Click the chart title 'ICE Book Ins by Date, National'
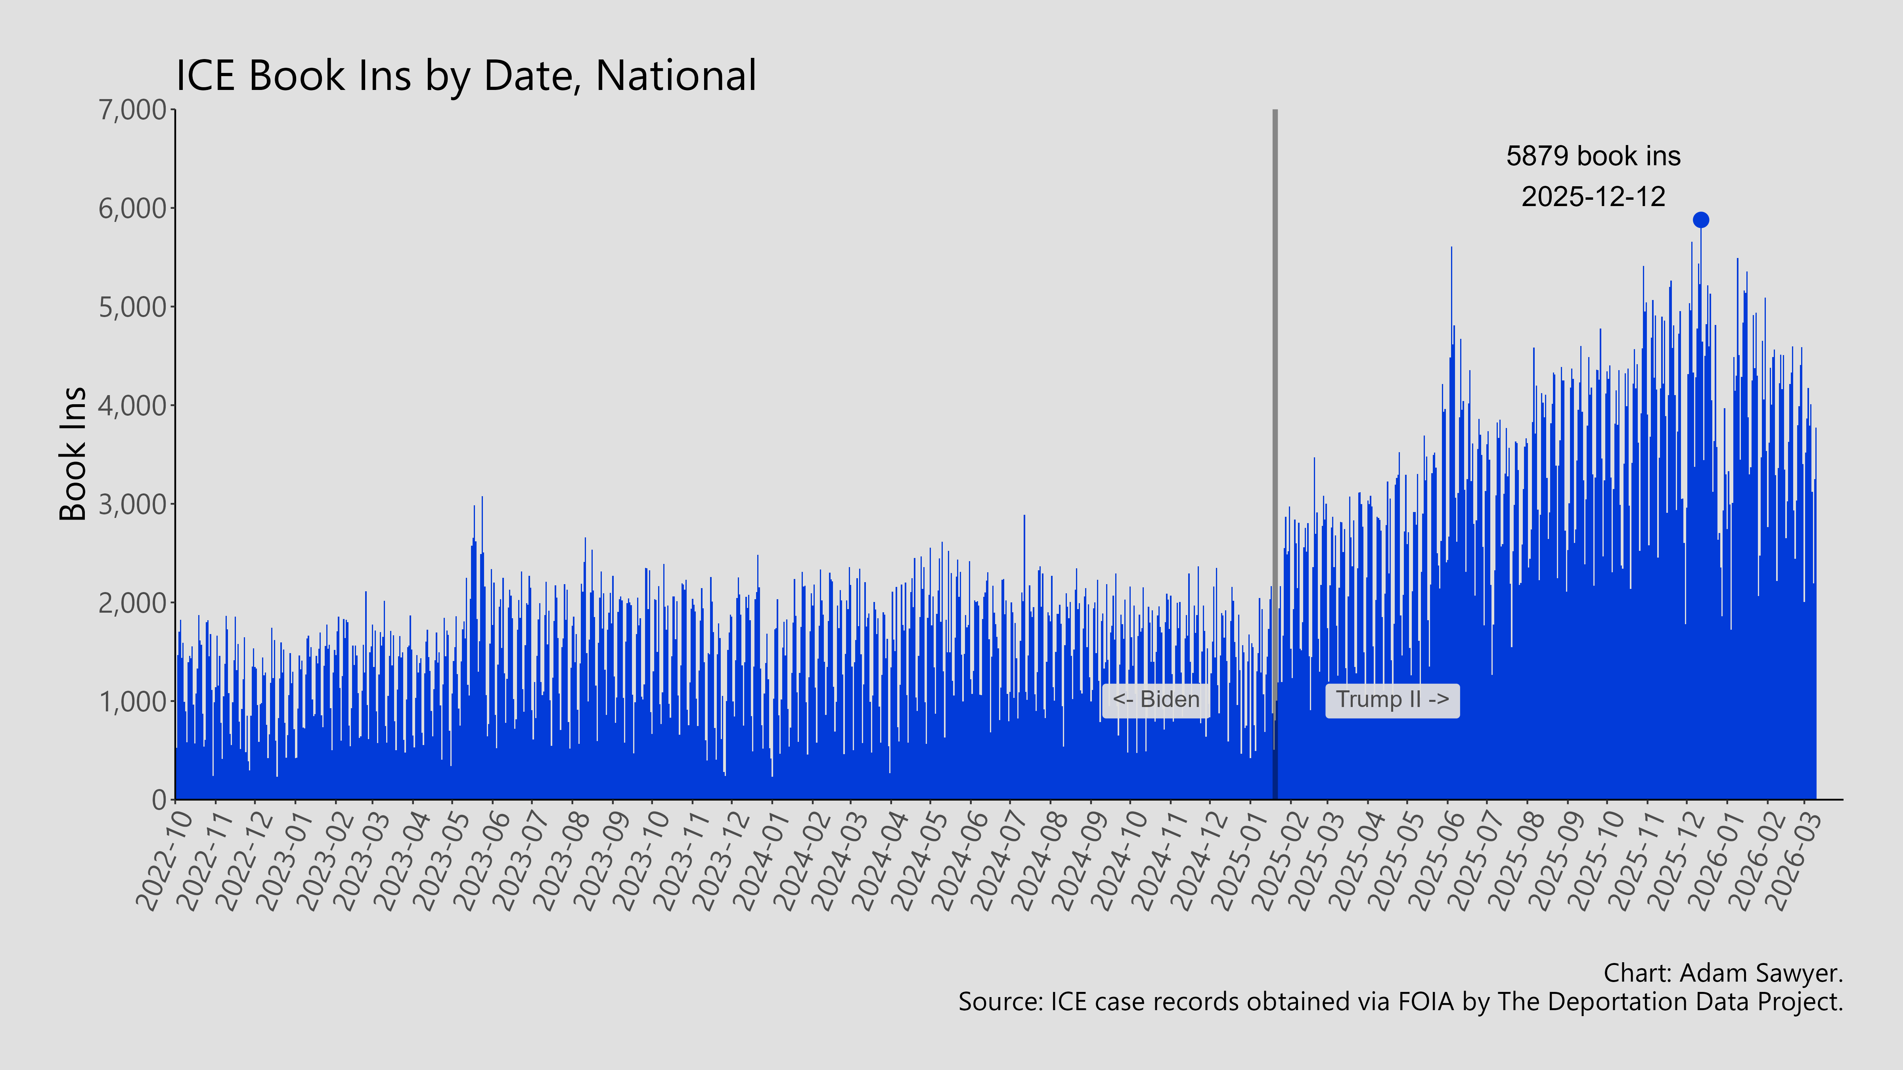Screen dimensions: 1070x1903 465,76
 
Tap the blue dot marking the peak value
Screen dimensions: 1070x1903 1700,220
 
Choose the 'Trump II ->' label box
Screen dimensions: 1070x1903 1392,699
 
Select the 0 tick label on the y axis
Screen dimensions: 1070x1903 159,800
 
